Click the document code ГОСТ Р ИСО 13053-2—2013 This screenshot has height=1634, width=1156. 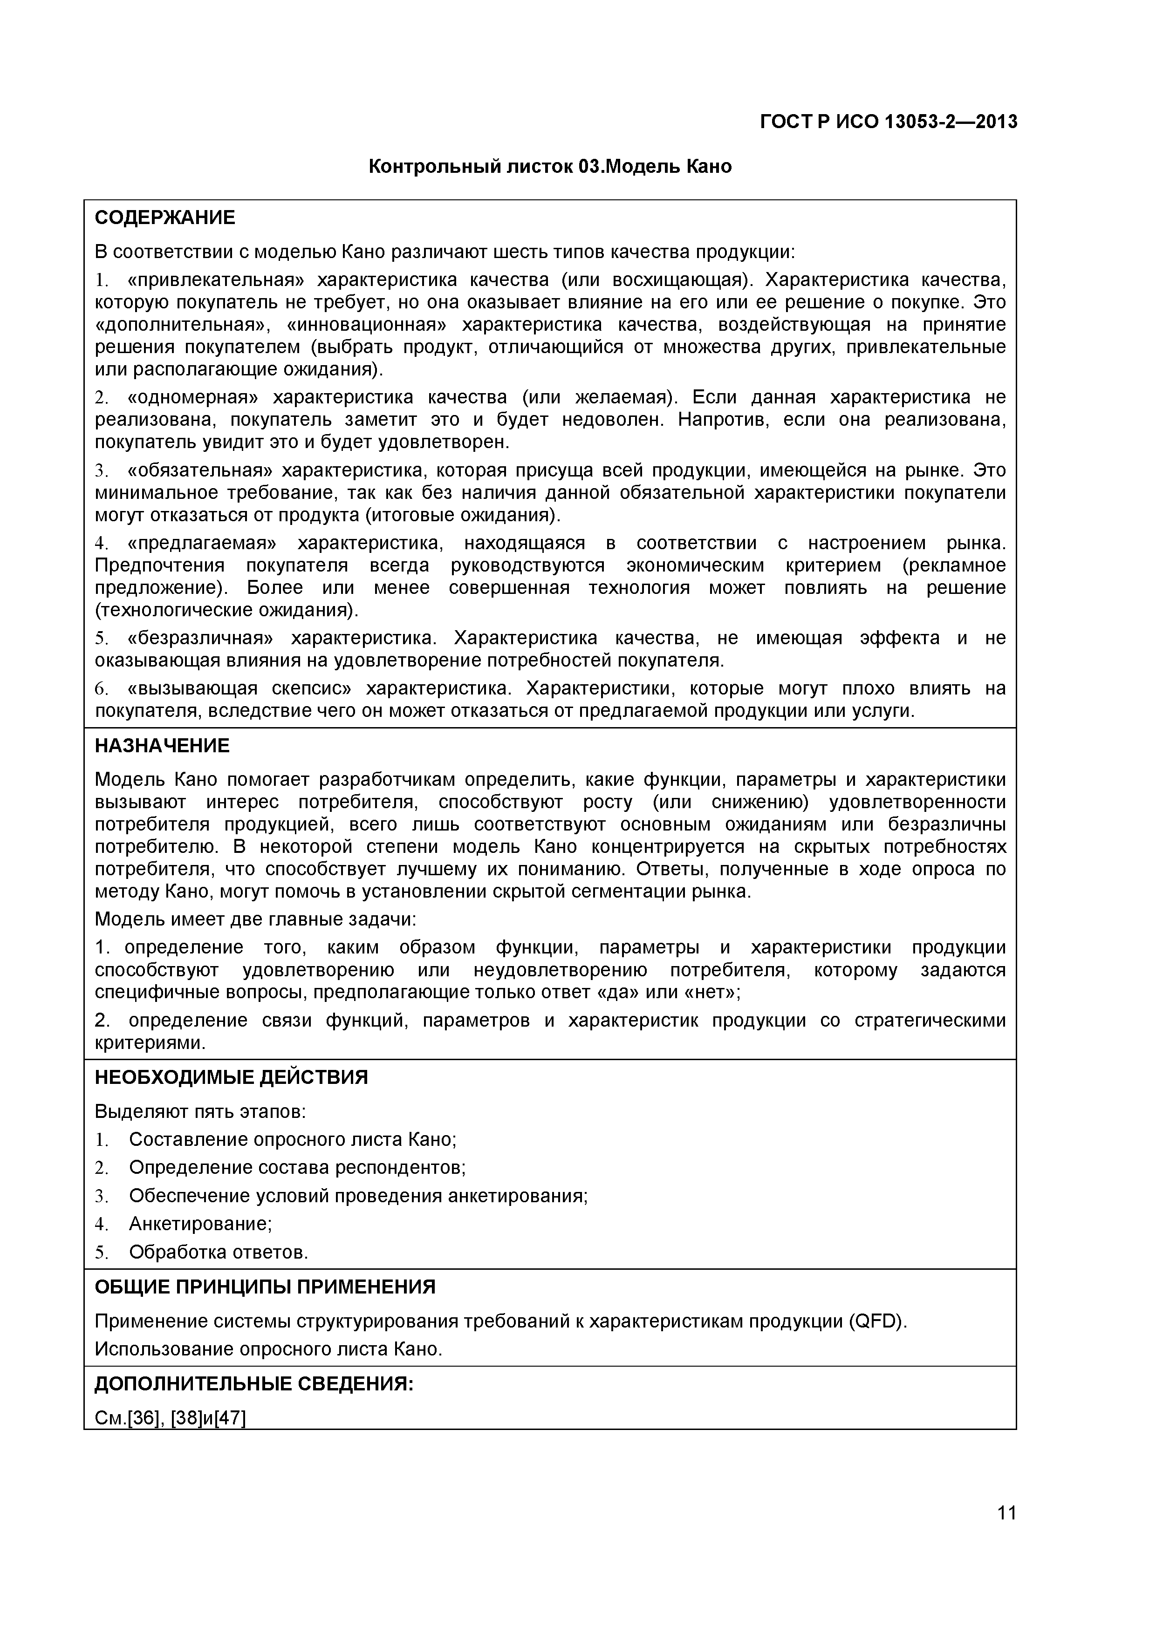[889, 123]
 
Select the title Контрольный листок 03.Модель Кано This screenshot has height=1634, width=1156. [549, 167]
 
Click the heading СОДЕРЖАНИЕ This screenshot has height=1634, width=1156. [164, 218]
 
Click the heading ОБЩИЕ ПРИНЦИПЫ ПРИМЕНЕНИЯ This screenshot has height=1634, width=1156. [265, 1287]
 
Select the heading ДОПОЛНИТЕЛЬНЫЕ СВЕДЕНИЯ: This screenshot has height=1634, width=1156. [253, 1383]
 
